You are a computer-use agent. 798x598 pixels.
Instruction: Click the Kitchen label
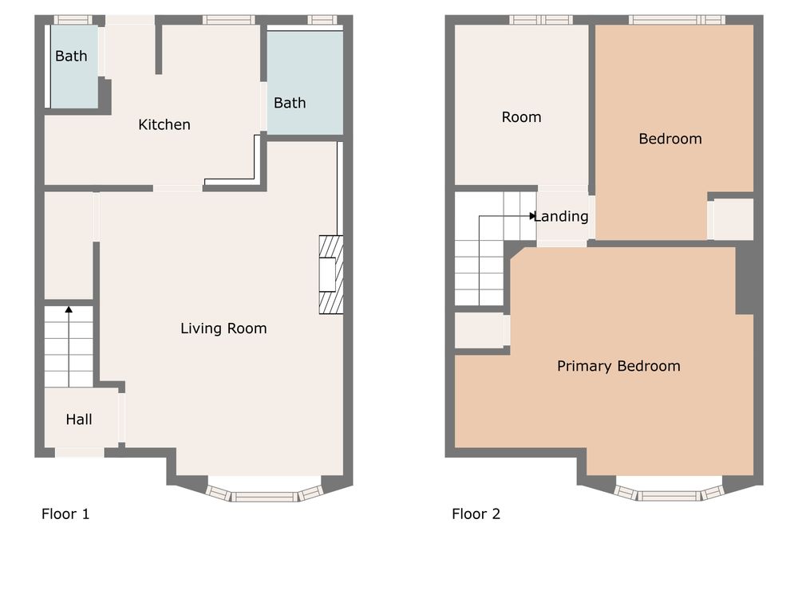click(164, 124)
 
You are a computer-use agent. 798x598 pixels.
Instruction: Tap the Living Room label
click(223, 329)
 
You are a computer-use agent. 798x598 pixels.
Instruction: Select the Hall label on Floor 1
click(79, 419)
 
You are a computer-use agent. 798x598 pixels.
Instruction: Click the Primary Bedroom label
click(618, 366)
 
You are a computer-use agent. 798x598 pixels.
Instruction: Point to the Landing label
click(561, 217)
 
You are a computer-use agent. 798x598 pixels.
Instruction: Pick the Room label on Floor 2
click(521, 117)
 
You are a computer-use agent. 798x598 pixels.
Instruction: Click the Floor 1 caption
click(65, 514)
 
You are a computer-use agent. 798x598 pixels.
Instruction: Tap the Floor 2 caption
click(476, 514)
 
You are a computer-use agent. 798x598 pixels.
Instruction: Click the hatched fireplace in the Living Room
click(331, 274)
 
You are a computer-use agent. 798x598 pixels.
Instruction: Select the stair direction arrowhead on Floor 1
click(69, 309)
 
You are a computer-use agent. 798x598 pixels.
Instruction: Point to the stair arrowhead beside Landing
click(532, 216)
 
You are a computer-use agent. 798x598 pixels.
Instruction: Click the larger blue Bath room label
click(290, 103)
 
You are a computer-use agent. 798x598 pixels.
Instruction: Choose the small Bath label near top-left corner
click(71, 56)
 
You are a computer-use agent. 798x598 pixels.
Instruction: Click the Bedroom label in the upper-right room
click(670, 139)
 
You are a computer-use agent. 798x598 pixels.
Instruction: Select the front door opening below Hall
click(79, 453)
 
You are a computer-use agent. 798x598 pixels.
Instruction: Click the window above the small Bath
click(73, 20)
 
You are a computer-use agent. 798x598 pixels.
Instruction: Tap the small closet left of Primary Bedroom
click(480, 331)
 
